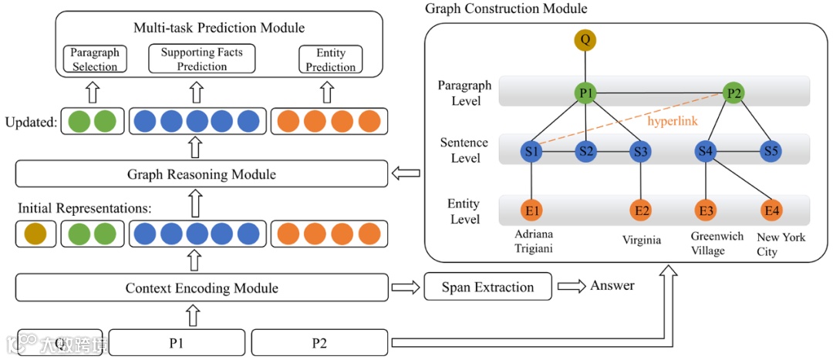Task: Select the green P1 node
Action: [585, 94]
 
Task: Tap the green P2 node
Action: [733, 94]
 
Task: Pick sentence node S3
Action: [640, 151]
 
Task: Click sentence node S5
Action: [770, 151]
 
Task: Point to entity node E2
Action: [640, 210]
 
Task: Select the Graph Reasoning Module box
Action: [201, 174]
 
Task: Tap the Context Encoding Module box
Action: [201, 288]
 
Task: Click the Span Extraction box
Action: [487, 288]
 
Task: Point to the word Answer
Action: [612, 286]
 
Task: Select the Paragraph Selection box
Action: [95, 59]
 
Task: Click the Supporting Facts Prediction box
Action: [201, 59]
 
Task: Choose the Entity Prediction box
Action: [330, 59]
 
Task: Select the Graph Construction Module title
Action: [506, 9]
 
